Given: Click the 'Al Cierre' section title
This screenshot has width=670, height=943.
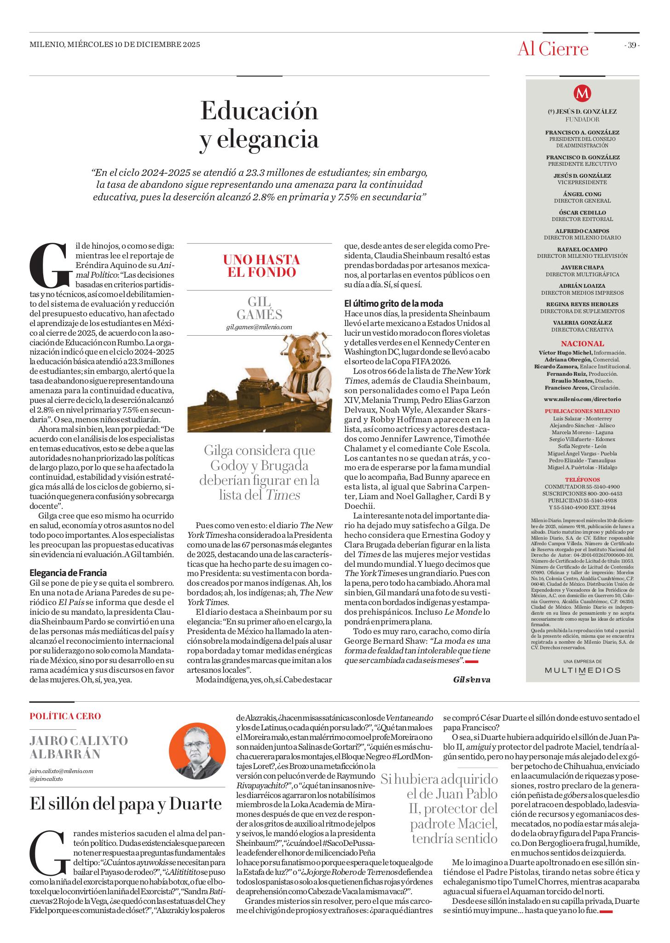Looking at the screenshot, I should (x=553, y=49).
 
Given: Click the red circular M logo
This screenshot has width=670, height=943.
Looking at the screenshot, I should (x=582, y=93).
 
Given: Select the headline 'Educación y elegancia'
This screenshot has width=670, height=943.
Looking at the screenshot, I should (x=259, y=125).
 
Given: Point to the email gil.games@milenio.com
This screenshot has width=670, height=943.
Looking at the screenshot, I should (x=259, y=327).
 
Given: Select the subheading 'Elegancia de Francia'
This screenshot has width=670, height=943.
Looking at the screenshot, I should (x=68, y=573).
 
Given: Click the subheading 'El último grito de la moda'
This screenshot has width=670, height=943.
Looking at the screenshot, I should (x=393, y=303).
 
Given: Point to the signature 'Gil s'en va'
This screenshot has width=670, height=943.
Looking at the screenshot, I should (x=471, y=680).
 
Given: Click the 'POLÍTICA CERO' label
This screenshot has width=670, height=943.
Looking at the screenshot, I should (x=65, y=716).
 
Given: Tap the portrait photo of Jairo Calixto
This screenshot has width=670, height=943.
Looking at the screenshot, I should (x=197, y=751).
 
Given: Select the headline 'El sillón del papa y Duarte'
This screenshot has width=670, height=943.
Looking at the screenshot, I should (x=126, y=803).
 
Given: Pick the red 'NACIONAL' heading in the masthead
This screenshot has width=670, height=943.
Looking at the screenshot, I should (x=582, y=343).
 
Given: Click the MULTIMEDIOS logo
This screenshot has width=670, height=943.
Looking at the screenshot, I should (x=582, y=670).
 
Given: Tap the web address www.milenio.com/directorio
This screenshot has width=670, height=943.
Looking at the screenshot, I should (x=582, y=399).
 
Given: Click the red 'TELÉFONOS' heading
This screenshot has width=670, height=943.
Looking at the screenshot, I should (x=582, y=480).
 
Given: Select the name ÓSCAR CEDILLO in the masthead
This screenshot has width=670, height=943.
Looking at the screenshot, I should (x=582, y=213).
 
